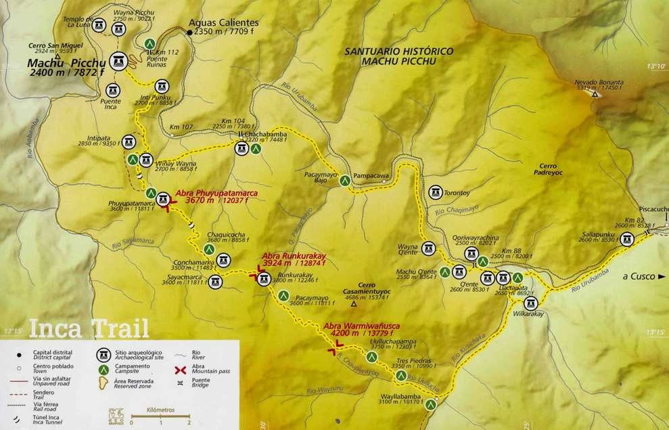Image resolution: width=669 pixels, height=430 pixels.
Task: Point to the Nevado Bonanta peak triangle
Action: pos(595,94)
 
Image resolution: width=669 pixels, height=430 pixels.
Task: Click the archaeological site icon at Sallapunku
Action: pos(626,238)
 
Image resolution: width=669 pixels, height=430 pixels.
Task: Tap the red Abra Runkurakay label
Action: pos(295,259)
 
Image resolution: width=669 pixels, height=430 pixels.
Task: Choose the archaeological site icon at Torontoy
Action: pos(435,192)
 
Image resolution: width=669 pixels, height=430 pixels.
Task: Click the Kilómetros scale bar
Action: pos(160,415)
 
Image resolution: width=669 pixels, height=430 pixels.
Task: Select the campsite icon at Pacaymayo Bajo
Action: pos(345,181)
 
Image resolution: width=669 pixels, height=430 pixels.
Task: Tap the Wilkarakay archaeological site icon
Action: pos(531,303)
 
